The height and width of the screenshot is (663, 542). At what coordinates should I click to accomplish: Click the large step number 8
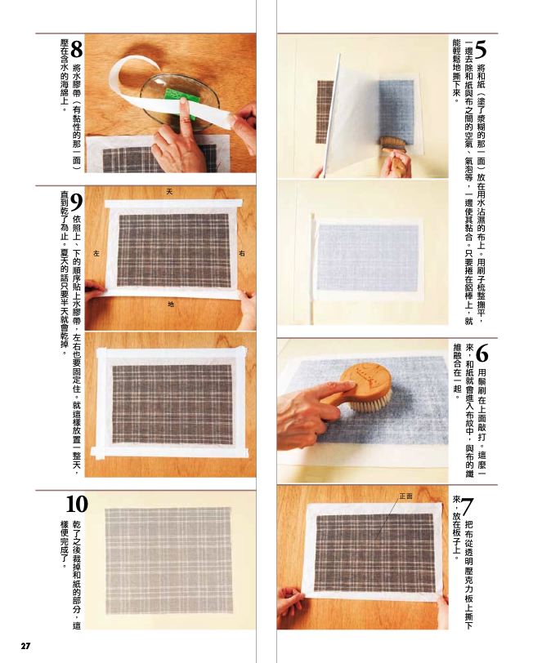[x=77, y=50]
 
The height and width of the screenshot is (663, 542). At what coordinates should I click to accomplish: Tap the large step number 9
[x=76, y=203]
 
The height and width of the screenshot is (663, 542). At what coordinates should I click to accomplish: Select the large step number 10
[x=77, y=504]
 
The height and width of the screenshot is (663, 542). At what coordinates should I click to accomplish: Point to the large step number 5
[x=481, y=50]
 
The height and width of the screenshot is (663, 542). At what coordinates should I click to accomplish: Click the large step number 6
[x=482, y=354]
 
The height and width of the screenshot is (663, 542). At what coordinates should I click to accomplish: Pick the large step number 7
[x=467, y=506]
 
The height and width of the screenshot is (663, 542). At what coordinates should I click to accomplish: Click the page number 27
[x=26, y=646]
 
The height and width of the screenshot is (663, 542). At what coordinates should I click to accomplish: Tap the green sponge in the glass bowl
[x=182, y=101]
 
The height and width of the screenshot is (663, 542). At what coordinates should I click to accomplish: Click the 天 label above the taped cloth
[x=169, y=192]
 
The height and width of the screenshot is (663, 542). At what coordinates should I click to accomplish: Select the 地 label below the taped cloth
[x=171, y=304]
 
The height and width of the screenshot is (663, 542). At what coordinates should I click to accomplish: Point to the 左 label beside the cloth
[x=96, y=254]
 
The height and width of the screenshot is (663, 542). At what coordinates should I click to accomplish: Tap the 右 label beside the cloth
[x=242, y=254]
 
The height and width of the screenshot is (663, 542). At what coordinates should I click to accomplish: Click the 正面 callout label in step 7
[x=406, y=496]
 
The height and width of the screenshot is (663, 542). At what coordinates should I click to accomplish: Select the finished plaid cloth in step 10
[x=168, y=561]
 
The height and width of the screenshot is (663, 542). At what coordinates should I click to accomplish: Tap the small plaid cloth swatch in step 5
[x=325, y=112]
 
